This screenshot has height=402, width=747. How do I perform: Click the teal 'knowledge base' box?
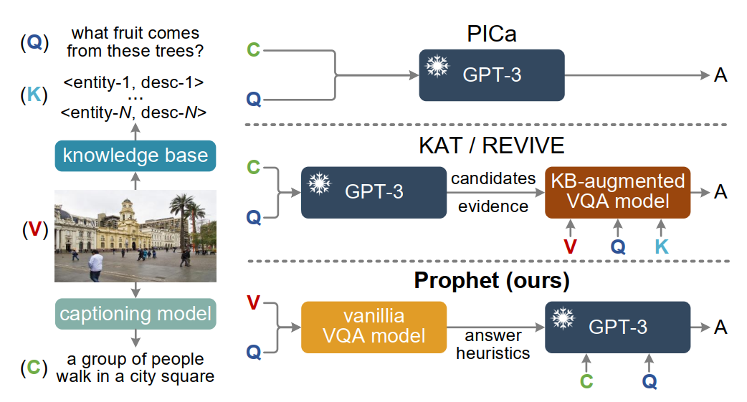point(135,155)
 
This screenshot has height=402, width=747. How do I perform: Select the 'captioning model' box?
point(135,314)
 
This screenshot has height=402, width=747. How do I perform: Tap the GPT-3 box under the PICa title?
point(492,75)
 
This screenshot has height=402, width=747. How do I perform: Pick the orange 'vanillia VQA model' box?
point(373,327)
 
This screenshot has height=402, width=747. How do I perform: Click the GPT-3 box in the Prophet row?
point(617,327)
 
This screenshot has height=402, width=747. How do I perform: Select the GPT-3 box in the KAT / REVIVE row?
point(373,192)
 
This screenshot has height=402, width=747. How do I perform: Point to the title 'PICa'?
point(492,34)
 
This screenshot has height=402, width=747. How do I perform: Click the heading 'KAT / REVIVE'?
point(491,145)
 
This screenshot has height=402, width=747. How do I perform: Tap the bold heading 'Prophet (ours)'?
point(492,281)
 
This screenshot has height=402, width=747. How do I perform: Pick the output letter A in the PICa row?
point(720,75)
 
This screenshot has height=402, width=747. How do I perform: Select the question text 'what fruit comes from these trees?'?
point(135,42)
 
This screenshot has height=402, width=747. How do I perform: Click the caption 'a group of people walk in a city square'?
point(135,368)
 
